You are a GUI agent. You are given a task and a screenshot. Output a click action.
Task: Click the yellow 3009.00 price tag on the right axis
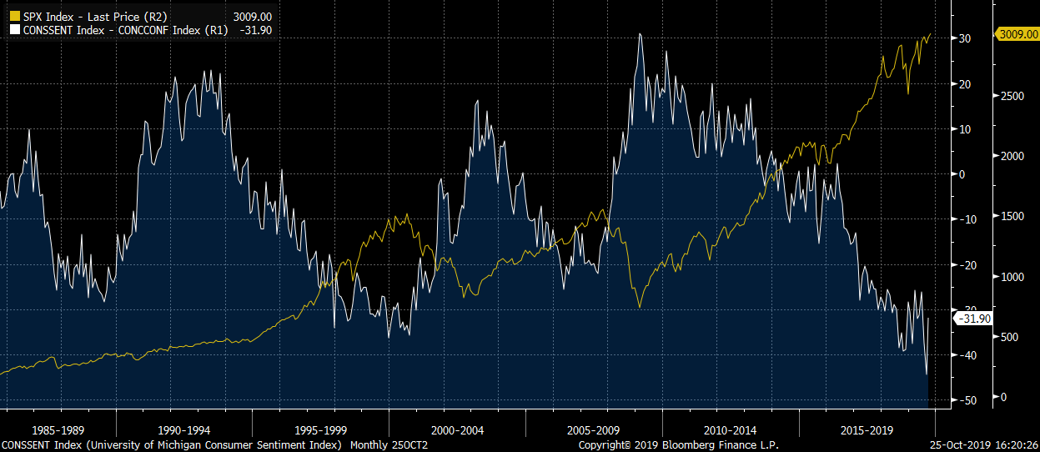point(1017,34)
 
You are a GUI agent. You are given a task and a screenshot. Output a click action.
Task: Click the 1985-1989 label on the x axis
point(56,430)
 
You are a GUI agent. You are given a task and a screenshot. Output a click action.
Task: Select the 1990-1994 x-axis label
point(185,430)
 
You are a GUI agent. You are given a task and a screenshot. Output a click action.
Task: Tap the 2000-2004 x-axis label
point(457,430)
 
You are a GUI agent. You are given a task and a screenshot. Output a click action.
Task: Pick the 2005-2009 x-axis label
point(593,430)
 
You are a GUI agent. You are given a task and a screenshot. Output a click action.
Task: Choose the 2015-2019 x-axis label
point(867,430)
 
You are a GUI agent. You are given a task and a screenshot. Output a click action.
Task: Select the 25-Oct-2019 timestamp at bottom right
point(985,445)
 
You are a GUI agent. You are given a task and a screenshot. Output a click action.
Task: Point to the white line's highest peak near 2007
point(640,34)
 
